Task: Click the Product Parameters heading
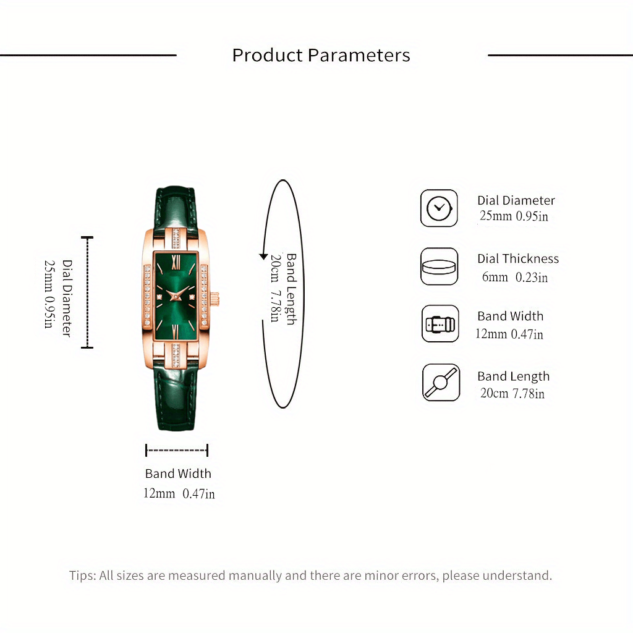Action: point(321,55)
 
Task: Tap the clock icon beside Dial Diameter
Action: point(440,208)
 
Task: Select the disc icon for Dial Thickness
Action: point(440,266)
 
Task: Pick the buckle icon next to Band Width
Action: point(440,324)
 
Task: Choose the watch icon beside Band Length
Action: point(441,383)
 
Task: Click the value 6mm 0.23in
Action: point(515,277)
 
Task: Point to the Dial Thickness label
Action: point(517,258)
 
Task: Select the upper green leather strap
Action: point(174,207)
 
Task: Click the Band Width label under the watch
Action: point(178,474)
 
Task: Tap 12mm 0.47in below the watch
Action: point(179,493)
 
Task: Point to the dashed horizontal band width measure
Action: point(177,450)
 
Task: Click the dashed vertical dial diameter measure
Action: point(87,292)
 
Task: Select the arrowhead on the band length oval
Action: point(263,257)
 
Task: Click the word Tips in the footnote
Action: point(82,576)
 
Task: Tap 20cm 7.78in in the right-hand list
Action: point(512,393)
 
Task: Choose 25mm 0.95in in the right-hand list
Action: point(514,216)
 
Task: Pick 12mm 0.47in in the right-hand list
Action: point(509,334)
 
